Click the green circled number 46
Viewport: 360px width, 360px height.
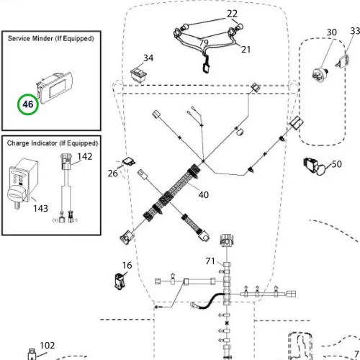28,104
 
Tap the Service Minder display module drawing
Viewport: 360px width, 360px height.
54,88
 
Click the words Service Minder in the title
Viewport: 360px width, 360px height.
30,38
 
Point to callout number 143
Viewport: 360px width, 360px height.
40,208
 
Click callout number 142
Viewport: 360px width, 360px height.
85,156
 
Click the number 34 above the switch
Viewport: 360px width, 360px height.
148,58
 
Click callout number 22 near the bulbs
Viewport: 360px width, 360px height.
232,14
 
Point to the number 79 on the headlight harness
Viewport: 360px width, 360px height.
204,42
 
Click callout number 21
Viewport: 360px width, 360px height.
246,50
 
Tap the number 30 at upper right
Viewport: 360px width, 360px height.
331,32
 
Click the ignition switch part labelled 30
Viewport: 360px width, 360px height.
320,73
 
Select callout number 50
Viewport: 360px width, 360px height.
337,164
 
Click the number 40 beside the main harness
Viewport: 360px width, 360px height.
204,194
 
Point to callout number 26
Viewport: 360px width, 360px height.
112,174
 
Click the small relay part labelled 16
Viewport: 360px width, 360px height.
120,281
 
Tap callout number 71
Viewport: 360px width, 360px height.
210,261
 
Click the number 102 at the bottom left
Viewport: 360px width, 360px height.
48,346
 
